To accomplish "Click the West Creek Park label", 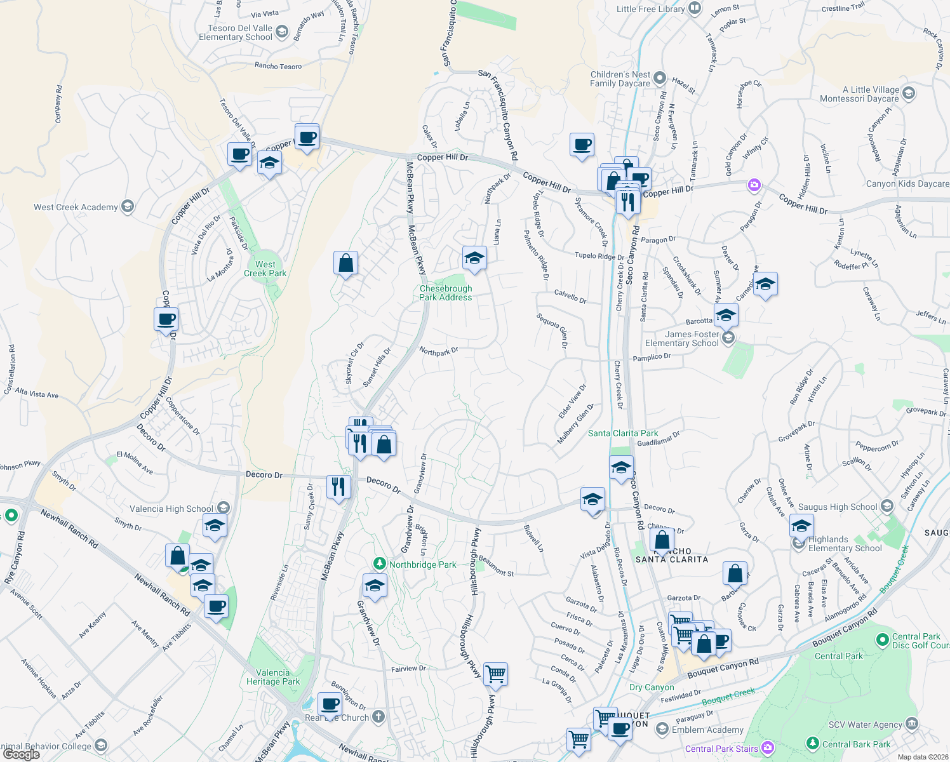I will pos(265,269).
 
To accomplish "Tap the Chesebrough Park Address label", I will pos(446,293).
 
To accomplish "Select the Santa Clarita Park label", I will pos(623,433).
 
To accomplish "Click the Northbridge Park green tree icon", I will pos(380,564).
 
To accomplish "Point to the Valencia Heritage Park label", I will pos(273,677).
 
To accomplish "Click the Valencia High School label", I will pos(171,509).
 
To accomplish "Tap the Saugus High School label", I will pos(837,507).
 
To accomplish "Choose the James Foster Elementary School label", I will pos(682,338).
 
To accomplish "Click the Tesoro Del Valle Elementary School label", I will pos(236,32).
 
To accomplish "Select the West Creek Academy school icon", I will pos(128,206).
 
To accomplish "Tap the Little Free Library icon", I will pos(695,8).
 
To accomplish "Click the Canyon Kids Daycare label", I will pos(907,184).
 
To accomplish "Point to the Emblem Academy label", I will pos(707,730).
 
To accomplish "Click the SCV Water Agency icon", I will pos(911,724).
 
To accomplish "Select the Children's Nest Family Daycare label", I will pos(620,79).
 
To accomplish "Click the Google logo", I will pos(21,754).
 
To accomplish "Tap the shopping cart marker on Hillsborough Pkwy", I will pos(495,674).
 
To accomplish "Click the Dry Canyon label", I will pos(652,687).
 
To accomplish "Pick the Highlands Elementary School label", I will pos(845,544).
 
